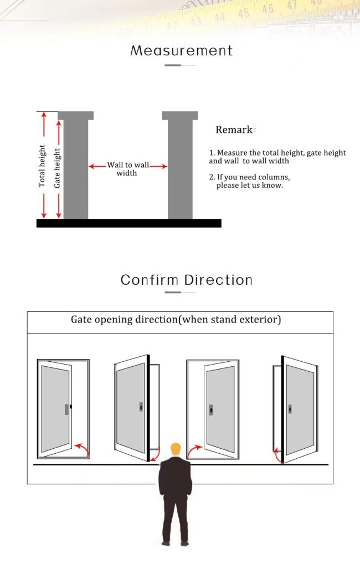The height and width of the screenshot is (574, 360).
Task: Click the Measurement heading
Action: [182, 50]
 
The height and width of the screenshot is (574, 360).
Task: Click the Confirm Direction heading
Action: [187, 280]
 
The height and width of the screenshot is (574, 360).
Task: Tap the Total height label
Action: [42, 166]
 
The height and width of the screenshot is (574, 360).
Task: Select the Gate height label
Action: [57, 168]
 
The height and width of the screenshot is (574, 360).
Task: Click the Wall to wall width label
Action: [128, 169]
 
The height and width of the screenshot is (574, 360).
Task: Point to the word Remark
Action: [234, 130]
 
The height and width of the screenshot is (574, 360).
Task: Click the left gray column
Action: [76, 165]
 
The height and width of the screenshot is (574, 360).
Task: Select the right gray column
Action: [180, 165]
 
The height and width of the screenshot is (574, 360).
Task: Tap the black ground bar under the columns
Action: [129, 223]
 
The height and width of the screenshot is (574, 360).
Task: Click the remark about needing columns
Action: [250, 181]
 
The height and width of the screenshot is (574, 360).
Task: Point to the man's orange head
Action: [176, 449]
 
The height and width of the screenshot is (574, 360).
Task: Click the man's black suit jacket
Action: [175, 476]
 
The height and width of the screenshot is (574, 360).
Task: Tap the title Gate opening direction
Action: [176, 320]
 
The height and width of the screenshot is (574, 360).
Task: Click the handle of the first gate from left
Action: [68, 409]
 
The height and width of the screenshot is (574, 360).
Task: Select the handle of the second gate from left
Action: [141, 406]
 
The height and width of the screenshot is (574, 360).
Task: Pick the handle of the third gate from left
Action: [210, 409]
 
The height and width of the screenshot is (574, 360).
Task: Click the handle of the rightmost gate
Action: [290, 409]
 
